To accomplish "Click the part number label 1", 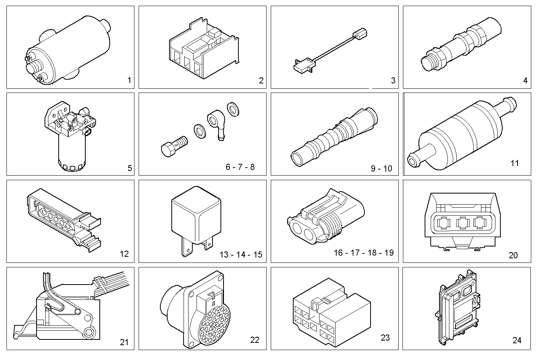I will click(129, 80).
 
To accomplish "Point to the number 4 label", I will click(526, 80).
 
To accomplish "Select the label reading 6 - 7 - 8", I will click(240, 167).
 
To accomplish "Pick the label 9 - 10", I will click(382, 168).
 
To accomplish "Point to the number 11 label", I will click(514, 163).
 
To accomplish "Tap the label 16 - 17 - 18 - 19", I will click(363, 253).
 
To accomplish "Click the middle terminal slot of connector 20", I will click(464, 223).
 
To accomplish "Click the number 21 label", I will click(124, 342).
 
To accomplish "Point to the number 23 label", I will click(385, 338).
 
